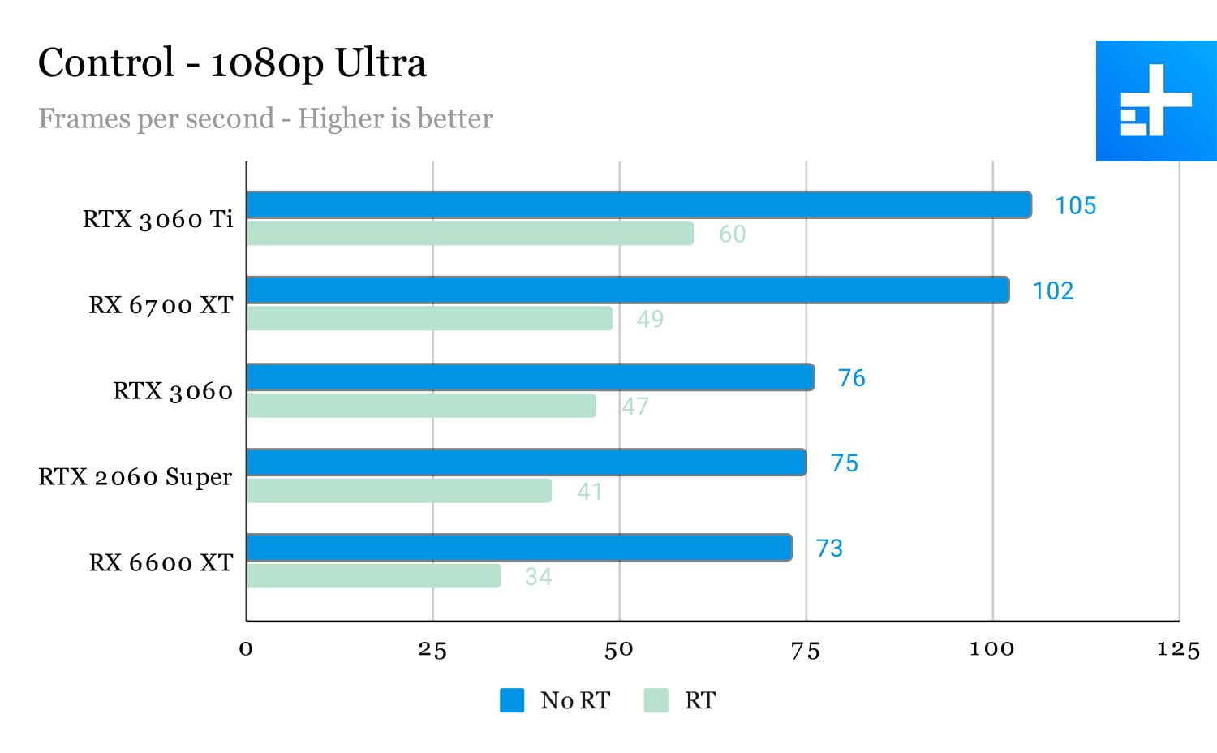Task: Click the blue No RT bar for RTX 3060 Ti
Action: (x=639, y=205)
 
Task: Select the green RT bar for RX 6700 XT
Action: (x=429, y=318)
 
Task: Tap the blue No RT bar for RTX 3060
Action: (x=530, y=377)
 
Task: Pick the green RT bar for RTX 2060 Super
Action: (x=399, y=491)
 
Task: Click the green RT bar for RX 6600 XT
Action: (x=373, y=576)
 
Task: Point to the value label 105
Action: (x=1075, y=206)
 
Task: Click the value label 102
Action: (x=1052, y=290)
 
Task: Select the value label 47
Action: (x=635, y=406)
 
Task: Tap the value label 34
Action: (x=538, y=576)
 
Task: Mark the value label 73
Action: (x=829, y=549)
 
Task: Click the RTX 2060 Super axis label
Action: (x=135, y=476)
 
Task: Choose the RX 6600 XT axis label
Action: (x=161, y=562)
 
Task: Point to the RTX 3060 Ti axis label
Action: (x=158, y=219)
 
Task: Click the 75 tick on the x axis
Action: (x=806, y=650)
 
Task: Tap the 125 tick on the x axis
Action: (x=1178, y=650)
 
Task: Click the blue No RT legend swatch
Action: (x=512, y=700)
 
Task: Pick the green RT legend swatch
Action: (x=656, y=700)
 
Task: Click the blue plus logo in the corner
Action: (x=1156, y=101)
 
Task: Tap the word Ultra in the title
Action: (x=380, y=63)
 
